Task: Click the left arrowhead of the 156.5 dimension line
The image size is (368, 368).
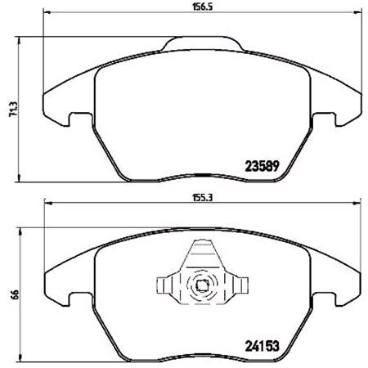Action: (45, 15)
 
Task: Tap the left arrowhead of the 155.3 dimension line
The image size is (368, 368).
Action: (46, 205)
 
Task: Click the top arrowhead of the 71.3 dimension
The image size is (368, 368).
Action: (19, 38)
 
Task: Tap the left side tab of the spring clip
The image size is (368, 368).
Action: (163, 286)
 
